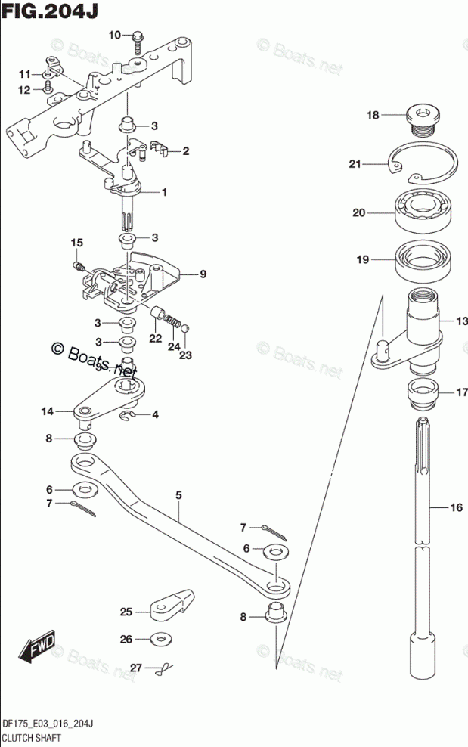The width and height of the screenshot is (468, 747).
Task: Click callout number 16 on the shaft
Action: pos(455,508)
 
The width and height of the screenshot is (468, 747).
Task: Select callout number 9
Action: pos(203,274)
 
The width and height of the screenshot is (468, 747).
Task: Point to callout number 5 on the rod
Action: pos(178,496)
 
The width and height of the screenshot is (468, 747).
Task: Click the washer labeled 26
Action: pos(159,639)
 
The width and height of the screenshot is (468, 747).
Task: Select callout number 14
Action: pos(48,411)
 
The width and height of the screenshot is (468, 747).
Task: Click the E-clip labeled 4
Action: pos(130,415)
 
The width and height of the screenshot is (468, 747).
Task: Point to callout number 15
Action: pos(76,243)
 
